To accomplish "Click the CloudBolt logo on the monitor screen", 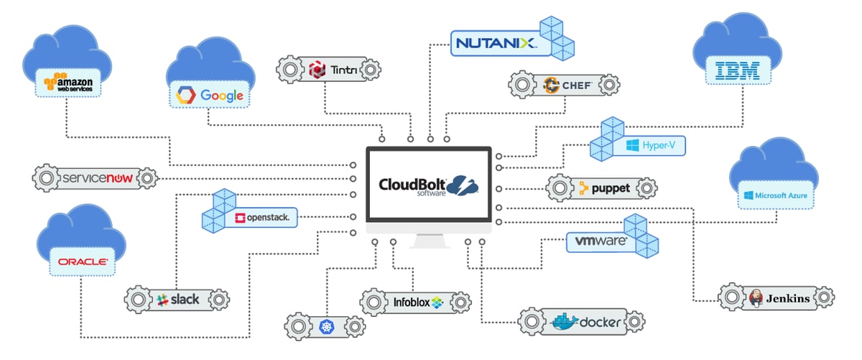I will point(428,185).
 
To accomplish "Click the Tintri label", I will point(329,70).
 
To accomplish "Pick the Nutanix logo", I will point(495,44).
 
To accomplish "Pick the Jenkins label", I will point(779,297).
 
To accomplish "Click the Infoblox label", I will point(416,303).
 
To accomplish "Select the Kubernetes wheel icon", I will point(327,327).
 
